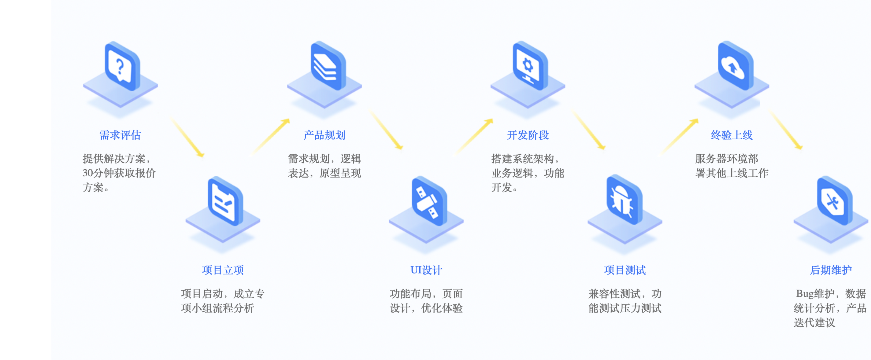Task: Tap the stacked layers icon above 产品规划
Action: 327,66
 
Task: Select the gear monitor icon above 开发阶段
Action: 529,66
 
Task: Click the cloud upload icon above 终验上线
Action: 735,66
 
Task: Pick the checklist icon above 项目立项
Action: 225,201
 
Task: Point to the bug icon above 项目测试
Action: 624,200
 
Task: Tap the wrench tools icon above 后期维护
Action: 834,201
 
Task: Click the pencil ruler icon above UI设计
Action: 429,201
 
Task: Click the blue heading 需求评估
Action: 120,135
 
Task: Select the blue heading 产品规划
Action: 324,135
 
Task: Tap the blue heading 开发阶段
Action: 528,135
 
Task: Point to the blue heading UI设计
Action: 426,270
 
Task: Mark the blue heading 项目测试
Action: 625,270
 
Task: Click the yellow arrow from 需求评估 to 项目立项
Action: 187,137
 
